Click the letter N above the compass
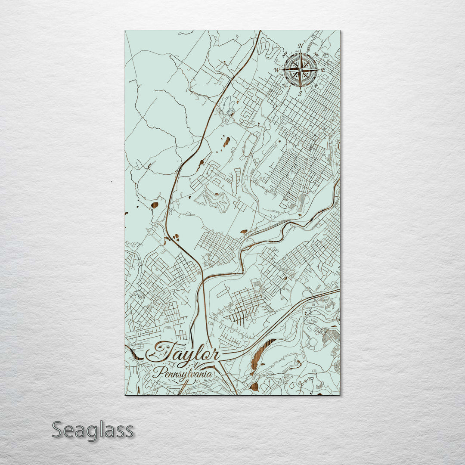click(x=301, y=46)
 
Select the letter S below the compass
click(x=300, y=93)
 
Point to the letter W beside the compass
click(x=277, y=70)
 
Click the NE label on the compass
click(x=316, y=55)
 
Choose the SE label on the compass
click(x=316, y=85)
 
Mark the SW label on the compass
click(x=285, y=85)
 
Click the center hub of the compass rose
click(x=301, y=69)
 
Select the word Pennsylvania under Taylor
click(x=183, y=374)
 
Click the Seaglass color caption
click(x=93, y=430)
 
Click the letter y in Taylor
click(x=191, y=357)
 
